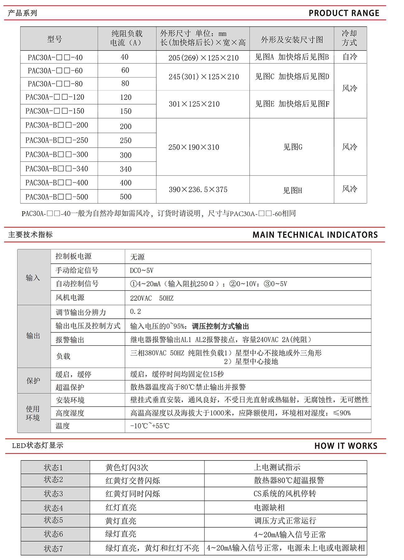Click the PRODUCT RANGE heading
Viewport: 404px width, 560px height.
pyautogui.click(x=344, y=13)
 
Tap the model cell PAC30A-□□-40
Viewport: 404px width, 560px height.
pyautogui.click(x=55, y=58)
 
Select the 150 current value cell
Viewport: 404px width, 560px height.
pyautogui.click(x=126, y=111)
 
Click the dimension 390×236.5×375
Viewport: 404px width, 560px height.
pyautogui.click(x=198, y=190)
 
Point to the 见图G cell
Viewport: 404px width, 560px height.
pyautogui.click(x=292, y=147)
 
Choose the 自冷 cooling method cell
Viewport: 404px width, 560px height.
pyautogui.click(x=350, y=57)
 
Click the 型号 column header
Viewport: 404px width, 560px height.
pyautogui.click(x=55, y=39)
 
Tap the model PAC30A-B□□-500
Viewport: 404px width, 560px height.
pyautogui.click(x=57, y=197)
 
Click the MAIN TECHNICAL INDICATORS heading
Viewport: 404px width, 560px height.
pyautogui.click(x=315, y=235)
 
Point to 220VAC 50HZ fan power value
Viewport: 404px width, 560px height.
pyautogui.click(x=152, y=298)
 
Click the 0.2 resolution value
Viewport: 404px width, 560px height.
pyautogui.click(x=135, y=312)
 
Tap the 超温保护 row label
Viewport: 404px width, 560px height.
pyautogui.click(x=70, y=387)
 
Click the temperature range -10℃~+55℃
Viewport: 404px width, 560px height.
pyautogui.click(x=150, y=426)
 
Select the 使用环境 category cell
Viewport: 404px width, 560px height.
pyautogui.click(x=33, y=413)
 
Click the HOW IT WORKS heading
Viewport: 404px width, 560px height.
pyautogui.click(x=346, y=446)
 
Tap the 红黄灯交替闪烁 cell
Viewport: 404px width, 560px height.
pyautogui.click(x=133, y=481)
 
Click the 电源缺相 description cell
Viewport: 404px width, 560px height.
pyautogui.click(x=269, y=508)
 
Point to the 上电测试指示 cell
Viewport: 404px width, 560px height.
pyautogui.click(x=277, y=467)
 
